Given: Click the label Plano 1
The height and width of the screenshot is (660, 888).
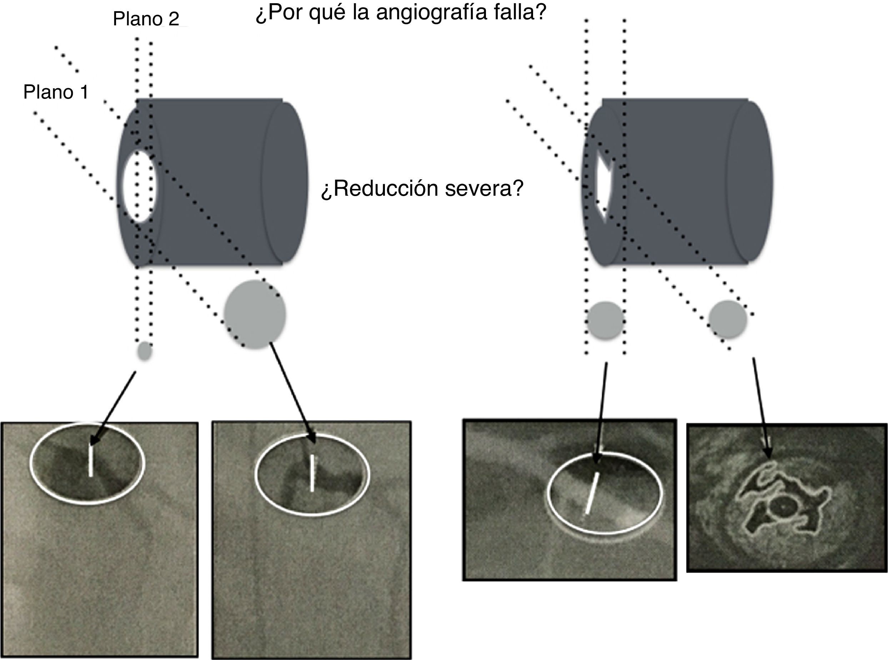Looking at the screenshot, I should tap(56, 92).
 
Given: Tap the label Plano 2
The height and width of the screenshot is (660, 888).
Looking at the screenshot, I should tap(146, 19).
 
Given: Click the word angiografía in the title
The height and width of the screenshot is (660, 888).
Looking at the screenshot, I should tap(431, 12).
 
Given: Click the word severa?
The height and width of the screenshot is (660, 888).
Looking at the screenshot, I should tap(484, 189).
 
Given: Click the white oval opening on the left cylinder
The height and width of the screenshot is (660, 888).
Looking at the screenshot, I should tap(138, 186).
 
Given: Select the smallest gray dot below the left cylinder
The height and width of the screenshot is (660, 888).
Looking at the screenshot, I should tap(145, 351).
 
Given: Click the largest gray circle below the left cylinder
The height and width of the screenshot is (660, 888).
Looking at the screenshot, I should tap(255, 314).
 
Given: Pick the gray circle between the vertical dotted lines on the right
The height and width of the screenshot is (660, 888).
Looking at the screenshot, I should tap(605, 320).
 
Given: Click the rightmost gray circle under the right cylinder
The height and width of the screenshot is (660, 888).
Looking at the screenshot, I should tap(728, 320).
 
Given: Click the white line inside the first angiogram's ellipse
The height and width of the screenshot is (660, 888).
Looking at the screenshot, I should tap(91, 461).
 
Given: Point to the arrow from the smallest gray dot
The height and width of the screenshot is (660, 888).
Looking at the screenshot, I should tap(114, 407).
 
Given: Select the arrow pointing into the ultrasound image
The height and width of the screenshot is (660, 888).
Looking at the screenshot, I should tap(761, 407).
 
